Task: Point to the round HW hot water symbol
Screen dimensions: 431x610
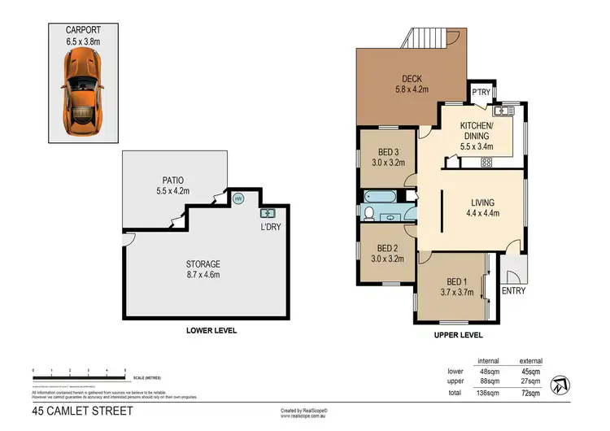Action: tap(238, 198)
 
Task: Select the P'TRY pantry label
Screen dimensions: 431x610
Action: tap(481, 92)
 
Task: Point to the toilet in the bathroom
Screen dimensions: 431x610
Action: tap(370, 214)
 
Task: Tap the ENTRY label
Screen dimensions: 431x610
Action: tap(513, 290)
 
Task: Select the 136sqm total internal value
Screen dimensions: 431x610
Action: tap(487, 393)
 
